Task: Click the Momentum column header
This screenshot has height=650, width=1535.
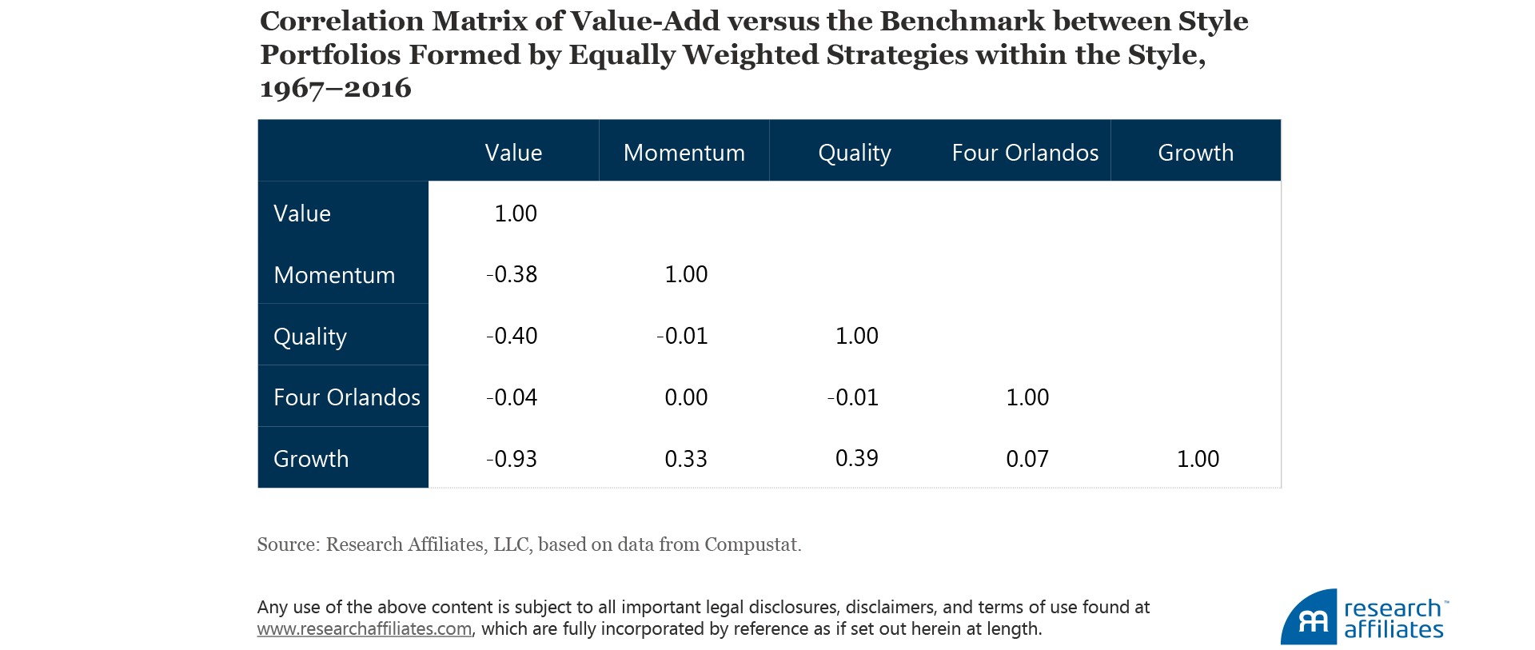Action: (x=684, y=153)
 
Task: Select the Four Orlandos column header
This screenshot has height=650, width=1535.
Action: (x=1025, y=153)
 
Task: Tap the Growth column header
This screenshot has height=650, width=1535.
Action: (x=1195, y=153)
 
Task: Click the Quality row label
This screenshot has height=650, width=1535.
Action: (x=310, y=337)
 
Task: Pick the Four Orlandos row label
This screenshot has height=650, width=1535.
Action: (x=346, y=397)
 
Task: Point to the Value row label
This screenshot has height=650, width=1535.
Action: (x=302, y=213)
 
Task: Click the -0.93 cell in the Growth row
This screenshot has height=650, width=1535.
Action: (x=512, y=459)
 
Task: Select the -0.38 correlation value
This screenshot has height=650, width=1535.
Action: (x=512, y=274)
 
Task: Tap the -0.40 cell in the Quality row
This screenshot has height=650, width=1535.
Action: (x=512, y=336)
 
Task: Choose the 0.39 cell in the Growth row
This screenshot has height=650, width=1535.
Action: (x=856, y=458)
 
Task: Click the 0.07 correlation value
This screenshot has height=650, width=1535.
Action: (x=1027, y=459)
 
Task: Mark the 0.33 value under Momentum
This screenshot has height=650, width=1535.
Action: (x=686, y=459)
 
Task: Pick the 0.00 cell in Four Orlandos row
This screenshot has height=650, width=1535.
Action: (x=686, y=397)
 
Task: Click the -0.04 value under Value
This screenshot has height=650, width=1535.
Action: (x=512, y=397)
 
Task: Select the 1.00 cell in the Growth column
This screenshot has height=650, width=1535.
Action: (x=1198, y=459)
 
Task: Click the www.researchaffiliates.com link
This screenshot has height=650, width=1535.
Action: (x=365, y=629)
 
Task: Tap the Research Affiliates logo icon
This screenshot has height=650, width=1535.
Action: (x=1310, y=618)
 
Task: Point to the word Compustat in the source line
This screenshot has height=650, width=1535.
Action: (x=751, y=544)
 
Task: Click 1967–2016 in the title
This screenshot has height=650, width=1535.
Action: (x=336, y=88)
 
